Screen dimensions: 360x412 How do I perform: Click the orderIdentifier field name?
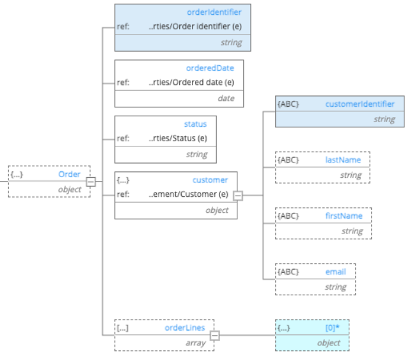(214, 12)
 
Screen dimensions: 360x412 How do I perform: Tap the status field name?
(195, 123)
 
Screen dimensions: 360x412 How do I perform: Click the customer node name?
(210, 180)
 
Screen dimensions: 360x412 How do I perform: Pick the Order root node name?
(69, 175)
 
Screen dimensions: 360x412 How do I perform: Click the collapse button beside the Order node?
(91, 182)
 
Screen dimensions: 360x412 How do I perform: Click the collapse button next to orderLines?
(215, 334)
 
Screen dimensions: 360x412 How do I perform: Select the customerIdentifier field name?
(360, 104)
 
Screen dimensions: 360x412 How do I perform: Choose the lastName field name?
(343, 160)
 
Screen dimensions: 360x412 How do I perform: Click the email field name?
(335, 272)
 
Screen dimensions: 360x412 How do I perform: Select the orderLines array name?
(185, 327)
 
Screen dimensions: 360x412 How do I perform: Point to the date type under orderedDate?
(225, 98)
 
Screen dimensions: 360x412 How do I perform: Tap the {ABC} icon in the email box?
(288, 272)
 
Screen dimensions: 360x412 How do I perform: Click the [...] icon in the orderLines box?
(123, 327)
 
